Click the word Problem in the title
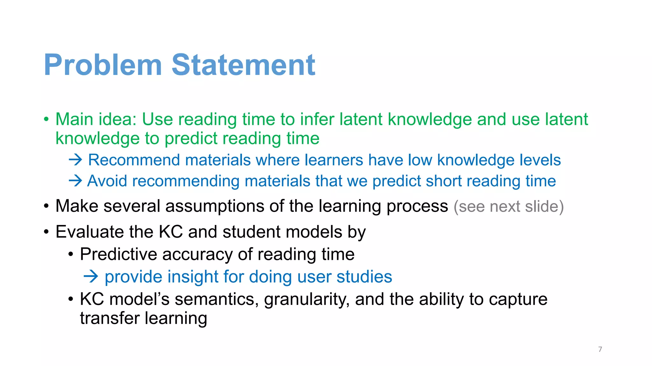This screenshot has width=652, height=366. (x=103, y=65)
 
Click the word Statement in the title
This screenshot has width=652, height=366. (x=244, y=65)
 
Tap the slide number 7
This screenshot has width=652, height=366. (x=600, y=349)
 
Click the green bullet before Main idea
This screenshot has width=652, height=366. (x=46, y=120)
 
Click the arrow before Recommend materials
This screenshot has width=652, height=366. (x=75, y=159)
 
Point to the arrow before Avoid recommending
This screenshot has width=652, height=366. (x=75, y=181)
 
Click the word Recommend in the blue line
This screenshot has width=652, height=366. (x=134, y=160)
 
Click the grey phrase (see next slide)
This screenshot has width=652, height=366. (x=508, y=207)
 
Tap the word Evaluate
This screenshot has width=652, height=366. (x=89, y=232)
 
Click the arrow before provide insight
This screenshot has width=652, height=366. (x=91, y=276)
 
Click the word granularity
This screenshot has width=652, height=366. (x=307, y=300)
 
